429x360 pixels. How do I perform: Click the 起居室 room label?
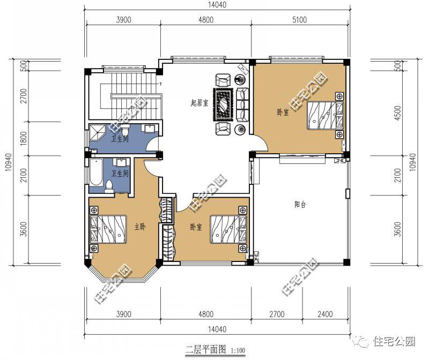[199, 103]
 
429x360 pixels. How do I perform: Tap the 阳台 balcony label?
[300, 205]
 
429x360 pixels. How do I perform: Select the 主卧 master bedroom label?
[140, 227]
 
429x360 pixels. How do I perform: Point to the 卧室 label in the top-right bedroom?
[283, 112]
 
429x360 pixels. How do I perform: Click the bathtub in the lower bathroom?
[96, 172]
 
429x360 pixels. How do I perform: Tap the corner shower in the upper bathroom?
[98, 133]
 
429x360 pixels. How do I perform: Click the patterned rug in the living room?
[224, 104]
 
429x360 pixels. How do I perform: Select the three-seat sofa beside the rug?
[242, 104]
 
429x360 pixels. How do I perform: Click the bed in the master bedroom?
[108, 229]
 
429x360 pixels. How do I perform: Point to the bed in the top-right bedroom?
[326, 115]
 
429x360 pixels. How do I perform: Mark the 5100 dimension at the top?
[300, 20]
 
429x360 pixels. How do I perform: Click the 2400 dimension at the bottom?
[325, 314]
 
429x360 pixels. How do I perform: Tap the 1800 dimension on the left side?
[24, 138]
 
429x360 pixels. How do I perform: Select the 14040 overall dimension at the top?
[217, 5]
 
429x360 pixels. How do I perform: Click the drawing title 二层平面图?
[206, 349]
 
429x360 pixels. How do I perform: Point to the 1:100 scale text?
[238, 350]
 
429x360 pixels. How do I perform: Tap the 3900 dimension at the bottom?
[124, 314]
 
